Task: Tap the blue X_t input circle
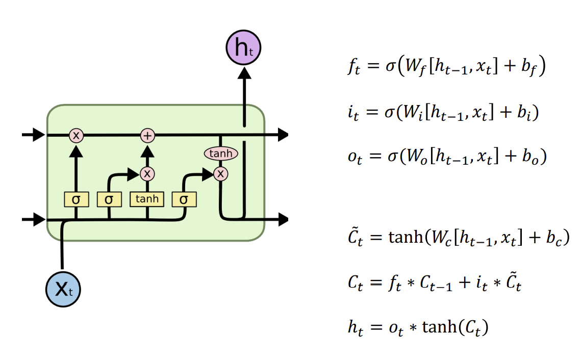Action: pyautogui.click(x=63, y=289)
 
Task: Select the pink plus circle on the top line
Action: pyautogui.click(x=147, y=135)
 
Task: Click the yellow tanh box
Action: pyautogui.click(x=147, y=199)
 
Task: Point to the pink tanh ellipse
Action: pyautogui.click(x=221, y=153)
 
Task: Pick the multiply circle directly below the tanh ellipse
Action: pyautogui.click(x=221, y=174)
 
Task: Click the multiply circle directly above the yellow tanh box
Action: pyautogui.click(x=147, y=174)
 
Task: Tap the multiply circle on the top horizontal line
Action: pyautogui.click(x=76, y=135)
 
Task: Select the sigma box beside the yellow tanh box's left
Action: pyautogui.click(x=109, y=199)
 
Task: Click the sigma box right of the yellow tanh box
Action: pyautogui.click(x=184, y=199)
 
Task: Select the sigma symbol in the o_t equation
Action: pyautogui.click(x=393, y=156)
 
